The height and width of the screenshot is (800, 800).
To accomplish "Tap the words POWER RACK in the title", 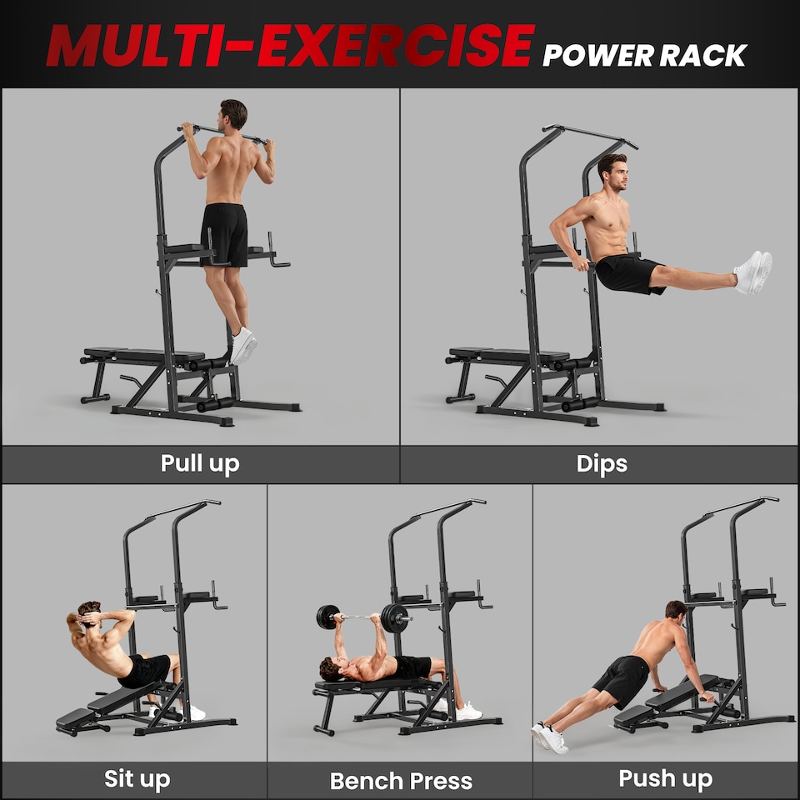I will click(644, 55).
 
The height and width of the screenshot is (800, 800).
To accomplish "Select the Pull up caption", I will click(200, 463).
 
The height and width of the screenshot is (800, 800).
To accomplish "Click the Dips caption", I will click(601, 463).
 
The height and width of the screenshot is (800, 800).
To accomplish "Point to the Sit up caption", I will click(137, 779).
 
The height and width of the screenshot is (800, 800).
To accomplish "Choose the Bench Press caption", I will click(401, 781).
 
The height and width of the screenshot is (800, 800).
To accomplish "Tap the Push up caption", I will click(665, 779).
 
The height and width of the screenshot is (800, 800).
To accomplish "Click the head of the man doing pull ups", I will click(234, 114).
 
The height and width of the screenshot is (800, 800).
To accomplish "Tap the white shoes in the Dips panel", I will click(752, 272).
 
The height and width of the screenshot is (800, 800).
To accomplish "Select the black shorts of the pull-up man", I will click(224, 234).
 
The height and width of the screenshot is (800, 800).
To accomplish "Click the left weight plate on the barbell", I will click(327, 617).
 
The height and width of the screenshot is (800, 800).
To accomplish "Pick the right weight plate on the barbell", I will click(396, 618).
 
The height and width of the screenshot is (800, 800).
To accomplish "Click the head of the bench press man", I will click(331, 668).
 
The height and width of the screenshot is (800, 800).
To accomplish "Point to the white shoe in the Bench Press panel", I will click(468, 711).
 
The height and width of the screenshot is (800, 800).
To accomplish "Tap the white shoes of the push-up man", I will click(550, 737).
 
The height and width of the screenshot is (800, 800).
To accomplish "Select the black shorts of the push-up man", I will click(622, 679).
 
